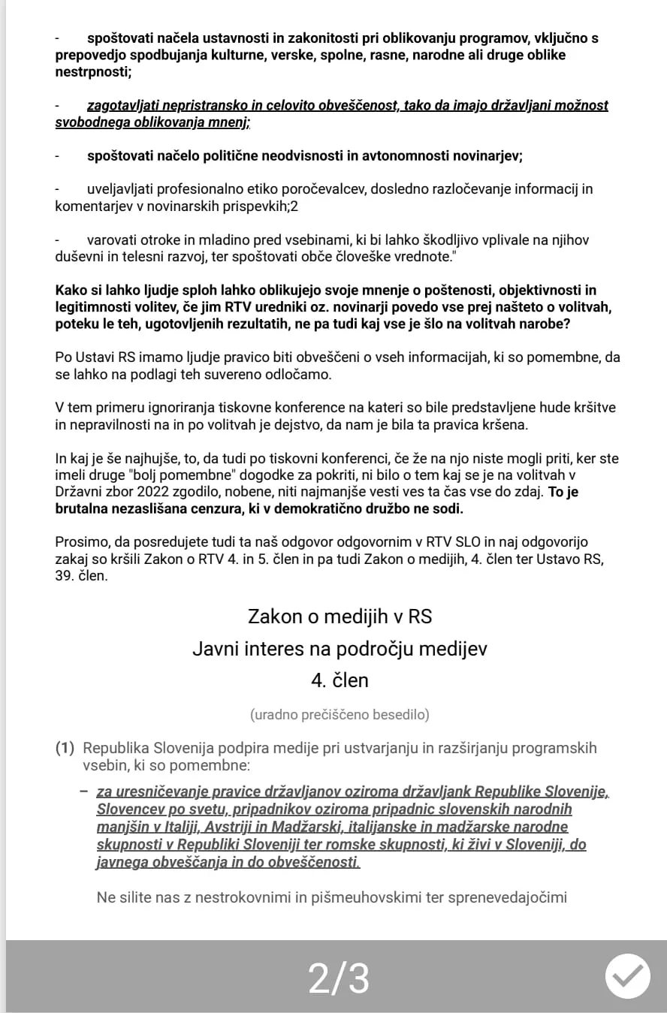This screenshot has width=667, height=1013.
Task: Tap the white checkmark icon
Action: (x=628, y=975)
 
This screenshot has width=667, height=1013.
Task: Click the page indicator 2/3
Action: (x=339, y=978)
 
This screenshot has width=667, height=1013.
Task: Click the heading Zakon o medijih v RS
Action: (x=340, y=617)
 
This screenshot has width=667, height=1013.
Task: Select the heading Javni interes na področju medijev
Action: (x=340, y=649)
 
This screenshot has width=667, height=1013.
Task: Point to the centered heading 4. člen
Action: (x=340, y=680)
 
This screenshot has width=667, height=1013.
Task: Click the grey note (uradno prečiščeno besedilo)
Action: (x=340, y=714)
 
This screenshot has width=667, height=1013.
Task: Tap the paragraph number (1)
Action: (x=66, y=748)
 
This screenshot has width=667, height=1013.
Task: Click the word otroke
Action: (x=157, y=240)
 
